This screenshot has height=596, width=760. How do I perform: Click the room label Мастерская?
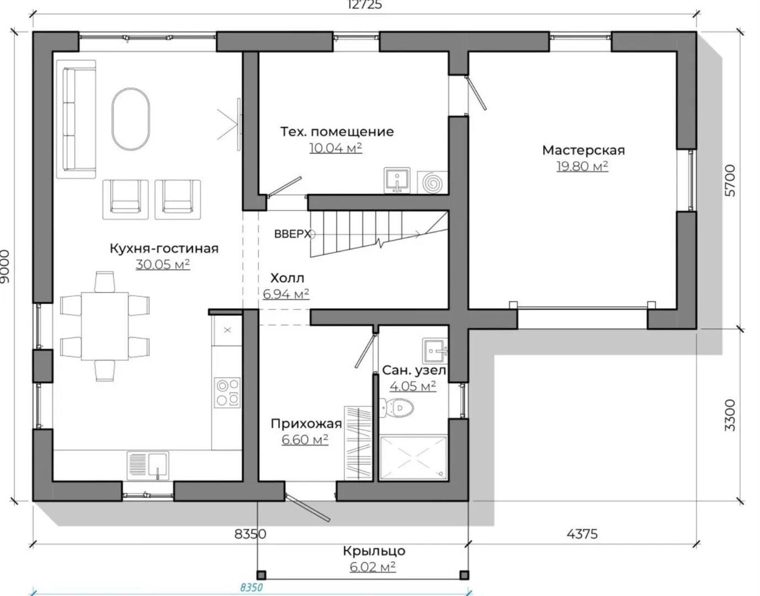tap(583, 150)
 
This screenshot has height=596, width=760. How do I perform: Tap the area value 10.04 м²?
tap(336, 148)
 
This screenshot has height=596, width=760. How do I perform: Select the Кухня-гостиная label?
tap(164, 248)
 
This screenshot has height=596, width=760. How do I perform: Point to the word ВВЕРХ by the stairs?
tap(293, 234)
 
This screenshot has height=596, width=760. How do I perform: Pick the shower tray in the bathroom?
tap(413, 457)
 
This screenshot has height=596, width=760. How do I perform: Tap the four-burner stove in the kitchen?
tap(227, 392)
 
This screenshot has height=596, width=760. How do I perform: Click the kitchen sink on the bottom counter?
tap(148, 465)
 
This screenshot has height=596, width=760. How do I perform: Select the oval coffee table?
tap(131, 119)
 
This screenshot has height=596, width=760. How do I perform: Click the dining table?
tap(105, 326)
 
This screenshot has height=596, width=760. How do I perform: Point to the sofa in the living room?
tap(76, 119)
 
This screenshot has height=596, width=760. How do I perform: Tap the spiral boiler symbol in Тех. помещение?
tap(433, 182)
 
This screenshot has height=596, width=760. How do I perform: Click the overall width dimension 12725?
tap(365, 5)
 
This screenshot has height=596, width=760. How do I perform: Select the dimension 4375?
tap(582, 534)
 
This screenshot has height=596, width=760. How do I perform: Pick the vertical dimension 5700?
tap(730, 180)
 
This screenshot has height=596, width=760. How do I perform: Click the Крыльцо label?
tap(374, 551)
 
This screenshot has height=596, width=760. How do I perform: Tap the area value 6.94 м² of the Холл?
tap(286, 294)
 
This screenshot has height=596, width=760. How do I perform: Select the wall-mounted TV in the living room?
tap(239, 125)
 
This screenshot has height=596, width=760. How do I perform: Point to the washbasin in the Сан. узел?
tap(435, 350)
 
